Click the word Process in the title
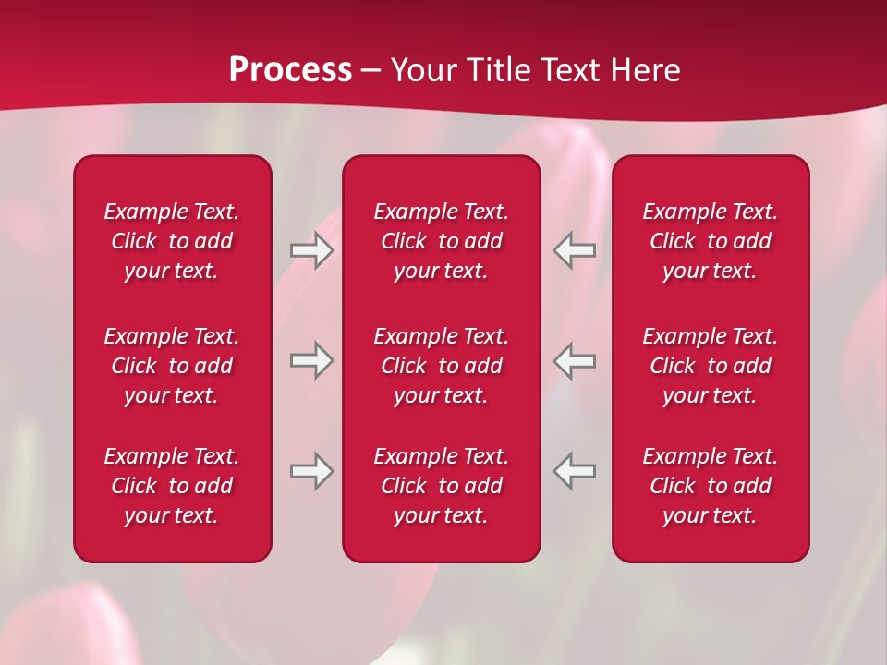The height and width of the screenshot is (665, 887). click(290, 70)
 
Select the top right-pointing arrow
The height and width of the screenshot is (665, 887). click(311, 249)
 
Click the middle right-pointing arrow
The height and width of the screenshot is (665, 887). click(311, 359)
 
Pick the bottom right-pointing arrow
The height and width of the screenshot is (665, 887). click(311, 470)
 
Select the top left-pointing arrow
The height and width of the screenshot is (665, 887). click(575, 249)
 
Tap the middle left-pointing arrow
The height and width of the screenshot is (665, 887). click(575, 359)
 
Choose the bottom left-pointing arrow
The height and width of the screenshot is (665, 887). click(575, 470)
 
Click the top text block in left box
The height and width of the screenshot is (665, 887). click(172, 241)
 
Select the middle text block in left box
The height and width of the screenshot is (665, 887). click(172, 366)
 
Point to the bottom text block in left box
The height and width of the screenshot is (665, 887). click(172, 486)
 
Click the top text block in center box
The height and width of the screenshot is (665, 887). click(442, 241)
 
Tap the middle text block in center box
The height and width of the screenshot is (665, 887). click(442, 366)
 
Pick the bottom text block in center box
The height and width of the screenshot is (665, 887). click(442, 486)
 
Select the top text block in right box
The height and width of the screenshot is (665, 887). click(711, 241)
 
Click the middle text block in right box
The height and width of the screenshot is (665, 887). click(711, 366)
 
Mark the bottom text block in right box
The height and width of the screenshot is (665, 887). click(711, 486)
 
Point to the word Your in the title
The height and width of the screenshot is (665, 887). click(421, 70)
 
